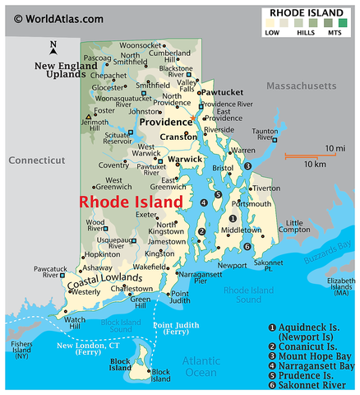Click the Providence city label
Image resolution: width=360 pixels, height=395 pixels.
point(164,121)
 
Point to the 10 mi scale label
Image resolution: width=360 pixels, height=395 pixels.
point(334,147)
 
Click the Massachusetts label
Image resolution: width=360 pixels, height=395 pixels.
point(300,86)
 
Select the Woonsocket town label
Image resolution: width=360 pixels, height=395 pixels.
point(141,45)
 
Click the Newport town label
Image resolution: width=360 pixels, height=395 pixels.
point(232,265)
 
